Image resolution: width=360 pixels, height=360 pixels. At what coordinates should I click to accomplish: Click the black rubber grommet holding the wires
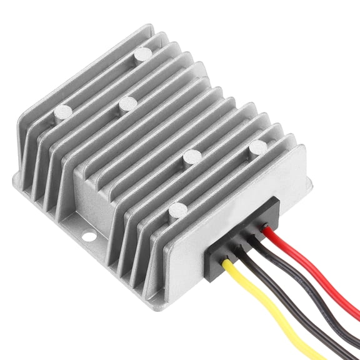[x=241, y=241]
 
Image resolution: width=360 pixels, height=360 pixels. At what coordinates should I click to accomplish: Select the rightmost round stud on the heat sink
[x=257, y=147]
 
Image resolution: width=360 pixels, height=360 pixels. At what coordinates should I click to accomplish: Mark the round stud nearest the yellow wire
[x=178, y=211]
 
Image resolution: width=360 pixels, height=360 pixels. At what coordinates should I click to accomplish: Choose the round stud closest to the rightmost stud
[x=191, y=157]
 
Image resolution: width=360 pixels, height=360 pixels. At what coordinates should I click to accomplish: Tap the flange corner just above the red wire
[x=307, y=181]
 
